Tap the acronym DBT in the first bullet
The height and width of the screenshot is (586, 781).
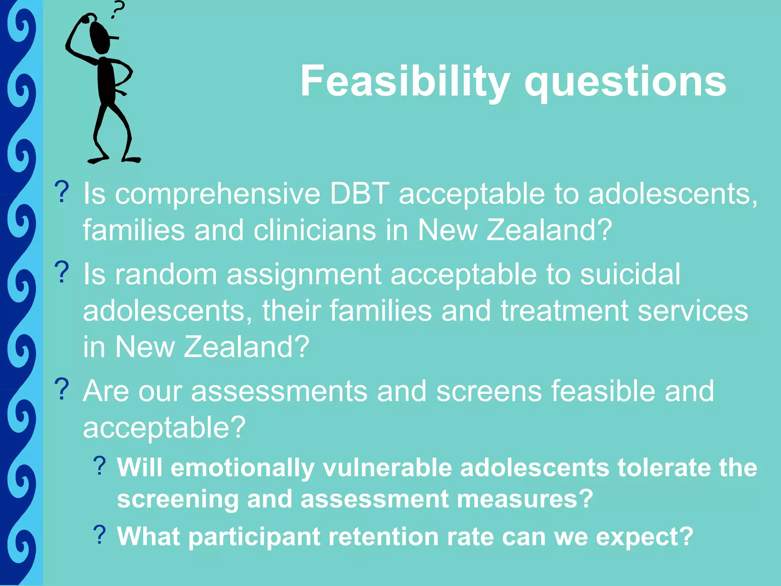click(360, 194)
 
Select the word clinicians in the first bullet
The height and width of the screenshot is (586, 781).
click(315, 230)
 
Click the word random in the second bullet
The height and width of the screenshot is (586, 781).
click(166, 274)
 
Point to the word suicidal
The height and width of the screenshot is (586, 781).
click(630, 274)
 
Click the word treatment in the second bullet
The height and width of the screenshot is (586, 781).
click(564, 311)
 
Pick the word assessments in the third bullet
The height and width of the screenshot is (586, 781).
click(279, 391)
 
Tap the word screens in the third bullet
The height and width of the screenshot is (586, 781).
click(489, 391)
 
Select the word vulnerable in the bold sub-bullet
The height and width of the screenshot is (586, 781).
click(387, 468)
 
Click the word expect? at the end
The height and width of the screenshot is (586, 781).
click(644, 537)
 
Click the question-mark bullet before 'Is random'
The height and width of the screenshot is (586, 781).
click(62, 272)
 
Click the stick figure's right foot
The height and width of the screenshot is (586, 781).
click(132, 159)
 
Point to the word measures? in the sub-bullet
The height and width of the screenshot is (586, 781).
click(524, 499)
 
